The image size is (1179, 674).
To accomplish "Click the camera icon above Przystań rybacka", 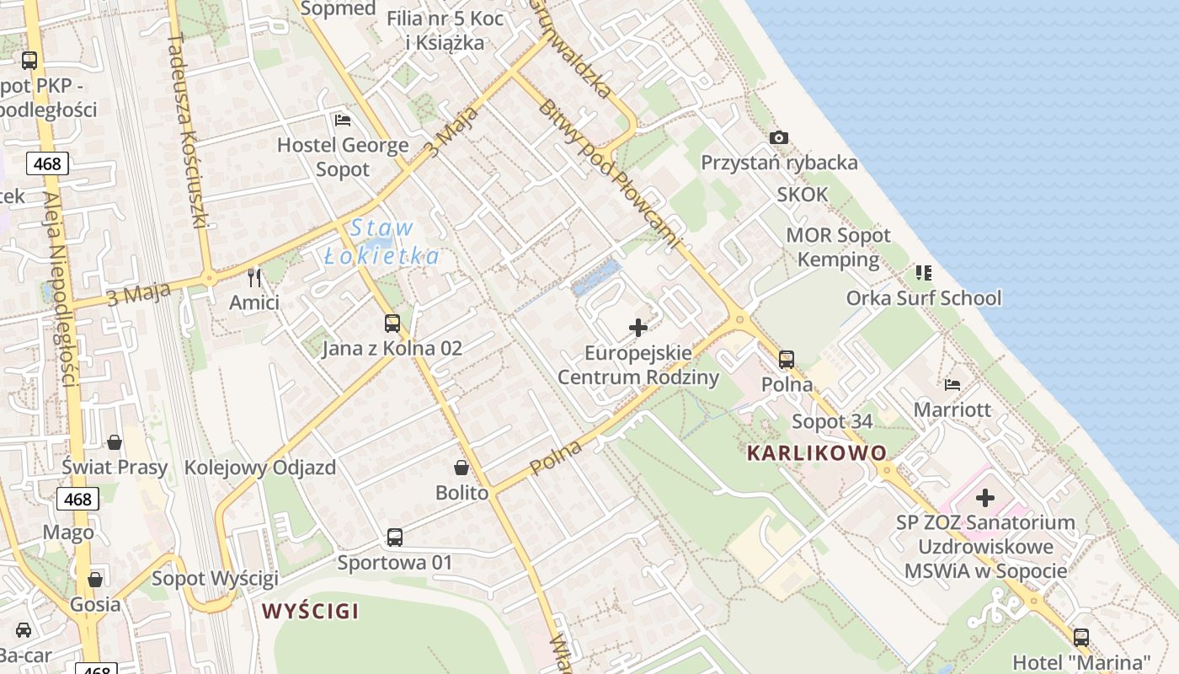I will (x=779, y=137).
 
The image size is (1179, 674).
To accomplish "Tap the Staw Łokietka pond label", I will (x=382, y=242).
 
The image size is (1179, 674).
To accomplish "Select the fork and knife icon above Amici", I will (x=254, y=277).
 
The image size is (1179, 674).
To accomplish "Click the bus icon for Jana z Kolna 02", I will (x=392, y=323).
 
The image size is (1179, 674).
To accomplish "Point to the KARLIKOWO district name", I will (x=816, y=453).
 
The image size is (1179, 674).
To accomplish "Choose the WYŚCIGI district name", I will (x=310, y=611).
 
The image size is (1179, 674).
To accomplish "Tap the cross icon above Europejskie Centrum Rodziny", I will (x=638, y=327).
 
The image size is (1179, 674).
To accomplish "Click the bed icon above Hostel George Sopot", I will (x=342, y=120).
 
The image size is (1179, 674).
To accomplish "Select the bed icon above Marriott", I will (x=952, y=385).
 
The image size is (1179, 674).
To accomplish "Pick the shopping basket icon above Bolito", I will (x=461, y=468).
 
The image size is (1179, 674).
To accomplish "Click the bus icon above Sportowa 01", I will (x=394, y=537).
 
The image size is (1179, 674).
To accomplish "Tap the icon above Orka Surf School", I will (x=924, y=273).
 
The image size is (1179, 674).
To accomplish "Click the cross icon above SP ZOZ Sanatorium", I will (x=984, y=498).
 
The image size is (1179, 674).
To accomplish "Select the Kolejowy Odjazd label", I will (x=260, y=468).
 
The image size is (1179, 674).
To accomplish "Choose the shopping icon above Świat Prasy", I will (x=115, y=442).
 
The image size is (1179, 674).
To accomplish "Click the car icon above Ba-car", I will (x=24, y=630).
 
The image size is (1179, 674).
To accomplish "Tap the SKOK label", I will (x=803, y=195).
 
